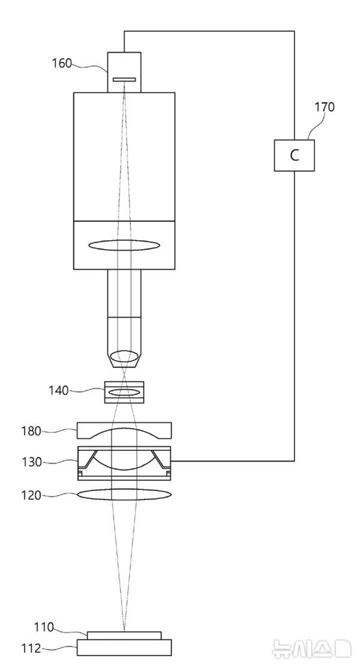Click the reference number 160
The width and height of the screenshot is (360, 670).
(x=62, y=63)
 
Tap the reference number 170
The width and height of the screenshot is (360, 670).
(x=325, y=106)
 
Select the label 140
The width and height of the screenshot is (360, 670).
(x=58, y=391)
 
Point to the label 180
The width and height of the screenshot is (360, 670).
(x=32, y=430)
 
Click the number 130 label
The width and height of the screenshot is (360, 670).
(x=32, y=462)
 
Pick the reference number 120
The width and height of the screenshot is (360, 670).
(x=32, y=495)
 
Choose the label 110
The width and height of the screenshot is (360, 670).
(x=44, y=627)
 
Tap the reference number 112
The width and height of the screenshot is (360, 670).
(x=32, y=648)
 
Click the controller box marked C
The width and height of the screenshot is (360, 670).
(x=294, y=155)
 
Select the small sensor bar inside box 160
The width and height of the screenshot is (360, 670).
(x=124, y=79)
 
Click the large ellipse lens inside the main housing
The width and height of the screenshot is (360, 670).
(x=124, y=245)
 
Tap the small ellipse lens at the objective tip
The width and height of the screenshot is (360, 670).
(x=124, y=355)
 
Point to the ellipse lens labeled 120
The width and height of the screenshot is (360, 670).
(x=124, y=495)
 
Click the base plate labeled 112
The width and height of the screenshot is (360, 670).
(x=124, y=647)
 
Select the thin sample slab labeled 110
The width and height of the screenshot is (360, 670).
(x=124, y=635)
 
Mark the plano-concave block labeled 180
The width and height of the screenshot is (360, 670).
(x=124, y=430)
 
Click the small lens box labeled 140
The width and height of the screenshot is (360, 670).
(x=124, y=392)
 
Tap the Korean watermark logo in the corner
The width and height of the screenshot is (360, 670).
(x=312, y=648)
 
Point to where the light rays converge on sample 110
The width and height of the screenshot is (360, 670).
(x=124, y=631)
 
